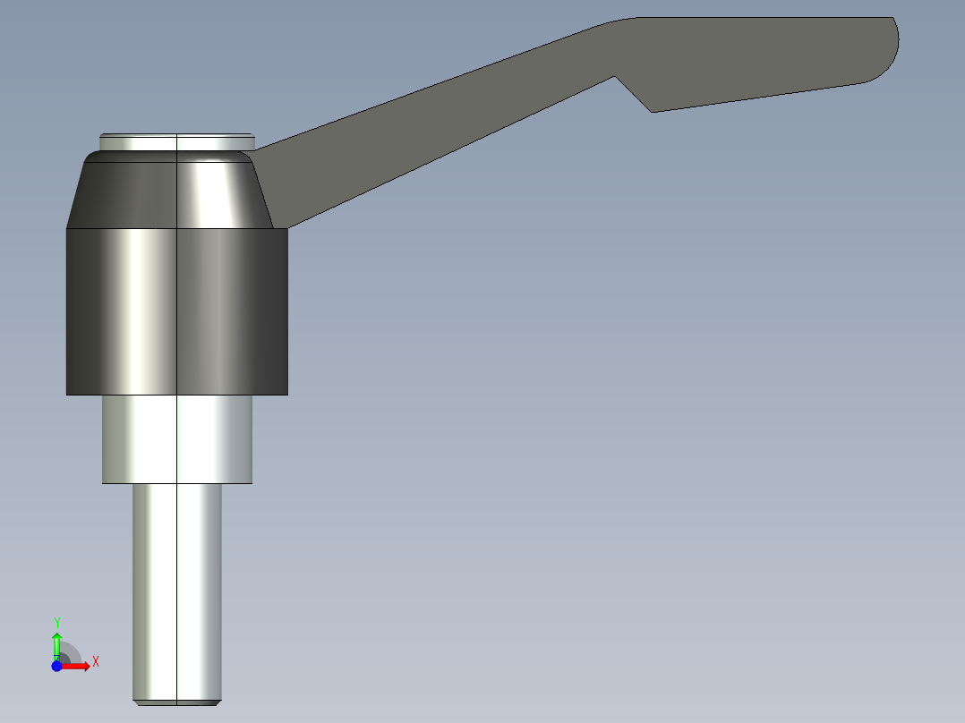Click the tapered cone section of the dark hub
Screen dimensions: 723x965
[x=170, y=192]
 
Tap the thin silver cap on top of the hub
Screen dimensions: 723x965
[x=176, y=141]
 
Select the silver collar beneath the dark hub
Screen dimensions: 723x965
[x=176, y=438]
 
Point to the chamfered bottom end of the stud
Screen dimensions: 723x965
[x=176, y=702]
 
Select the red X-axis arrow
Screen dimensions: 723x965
[x=77, y=667]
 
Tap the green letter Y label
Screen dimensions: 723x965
[x=56, y=622]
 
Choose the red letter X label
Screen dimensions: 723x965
[x=96, y=662]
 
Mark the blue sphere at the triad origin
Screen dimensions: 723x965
[x=56, y=667]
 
